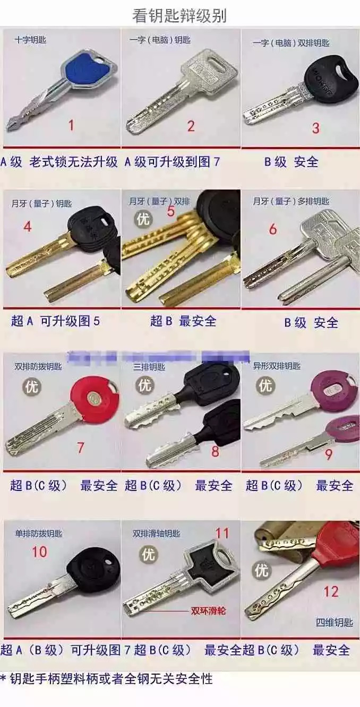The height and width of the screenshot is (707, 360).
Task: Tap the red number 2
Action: [x=191, y=125]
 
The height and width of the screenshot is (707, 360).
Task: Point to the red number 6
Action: [x=273, y=229]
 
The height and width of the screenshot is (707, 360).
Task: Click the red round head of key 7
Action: [x=95, y=398]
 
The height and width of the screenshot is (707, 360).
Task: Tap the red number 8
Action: [x=215, y=452]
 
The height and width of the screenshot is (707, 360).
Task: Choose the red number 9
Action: [x=329, y=454]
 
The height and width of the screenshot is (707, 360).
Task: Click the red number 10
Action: [x=39, y=551]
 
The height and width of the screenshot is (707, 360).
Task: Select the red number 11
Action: [x=221, y=533]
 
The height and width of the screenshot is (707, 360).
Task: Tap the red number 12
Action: [x=331, y=591]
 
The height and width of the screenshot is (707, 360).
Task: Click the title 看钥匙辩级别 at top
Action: [x=179, y=16]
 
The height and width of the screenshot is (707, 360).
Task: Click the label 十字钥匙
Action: [x=30, y=40]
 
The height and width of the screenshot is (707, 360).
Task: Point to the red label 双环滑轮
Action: [x=208, y=611]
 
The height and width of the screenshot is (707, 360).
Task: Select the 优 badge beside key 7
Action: [x=31, y=387]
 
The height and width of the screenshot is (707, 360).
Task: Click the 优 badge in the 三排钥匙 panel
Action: [x=144, y=385]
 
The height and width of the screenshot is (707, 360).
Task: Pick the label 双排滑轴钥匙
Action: [x=156, y=533]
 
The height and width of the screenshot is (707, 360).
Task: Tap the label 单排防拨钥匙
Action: [x=38, y=533]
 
